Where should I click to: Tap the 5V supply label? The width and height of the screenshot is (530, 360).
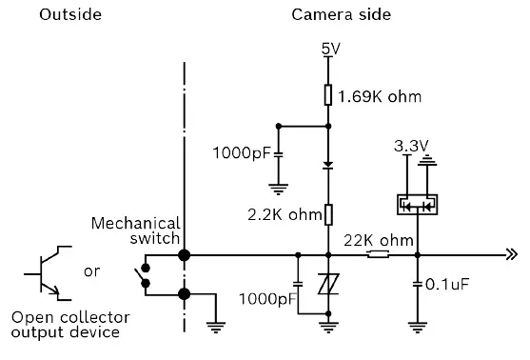pyautogui.click(x=329, y=49)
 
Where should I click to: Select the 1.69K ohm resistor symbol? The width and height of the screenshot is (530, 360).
pyautogui.click(x=328, y=96)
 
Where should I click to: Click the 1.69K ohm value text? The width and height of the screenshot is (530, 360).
pyautogui.click(x=380, y=96)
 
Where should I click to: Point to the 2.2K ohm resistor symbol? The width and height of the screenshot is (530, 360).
pyautogui.click(x=328, y=215)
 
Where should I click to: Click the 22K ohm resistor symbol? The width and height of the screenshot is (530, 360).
pyautogui.click(x=378, y=255)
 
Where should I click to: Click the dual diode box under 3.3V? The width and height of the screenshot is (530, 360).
pyautogui.click(x=415, y=204)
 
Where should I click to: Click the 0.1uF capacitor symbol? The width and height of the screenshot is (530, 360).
pyautogui.click(x=417, y=284)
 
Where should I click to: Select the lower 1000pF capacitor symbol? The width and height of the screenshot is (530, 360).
pyautogui.click(x=298, y=284)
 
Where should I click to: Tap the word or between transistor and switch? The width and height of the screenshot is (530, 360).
pyautogui.click(x=92, y=271)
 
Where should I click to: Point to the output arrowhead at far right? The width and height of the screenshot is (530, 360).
pyautogui.click(x=511, y=255)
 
